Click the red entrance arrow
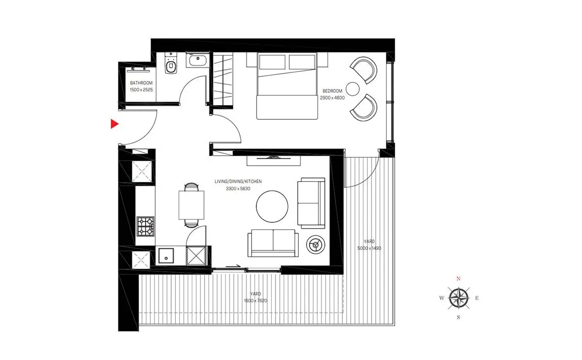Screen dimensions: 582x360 tap(114, 124)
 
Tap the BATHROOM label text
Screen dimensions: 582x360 tap(141, 83)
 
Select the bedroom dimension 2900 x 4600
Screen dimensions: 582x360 tap(332, 98)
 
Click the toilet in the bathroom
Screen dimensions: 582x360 tap(171, 64)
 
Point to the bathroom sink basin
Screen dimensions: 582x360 tap(198, 60)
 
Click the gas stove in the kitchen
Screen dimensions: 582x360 tap(145, 227)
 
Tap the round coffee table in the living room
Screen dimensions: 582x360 tap(272, 206)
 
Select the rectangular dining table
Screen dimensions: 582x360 tap(191, 205)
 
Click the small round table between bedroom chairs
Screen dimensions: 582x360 tap(353, 89)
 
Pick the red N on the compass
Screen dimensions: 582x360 tap(458, 278)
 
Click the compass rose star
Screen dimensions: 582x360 tap(459, 298)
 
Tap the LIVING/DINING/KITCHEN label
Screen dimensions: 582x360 tap(238, 181)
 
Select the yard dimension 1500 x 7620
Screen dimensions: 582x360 tap(256, 301)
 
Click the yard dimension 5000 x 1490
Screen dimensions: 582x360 tap(369, 248)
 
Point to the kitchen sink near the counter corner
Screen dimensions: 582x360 tap(166, 256)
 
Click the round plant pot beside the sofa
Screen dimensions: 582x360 tap(315, 245)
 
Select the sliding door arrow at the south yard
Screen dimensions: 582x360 tap(233, 266)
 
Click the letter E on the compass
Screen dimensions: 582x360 tap(477, 298)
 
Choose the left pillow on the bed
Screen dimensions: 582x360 tap(272, 62)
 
